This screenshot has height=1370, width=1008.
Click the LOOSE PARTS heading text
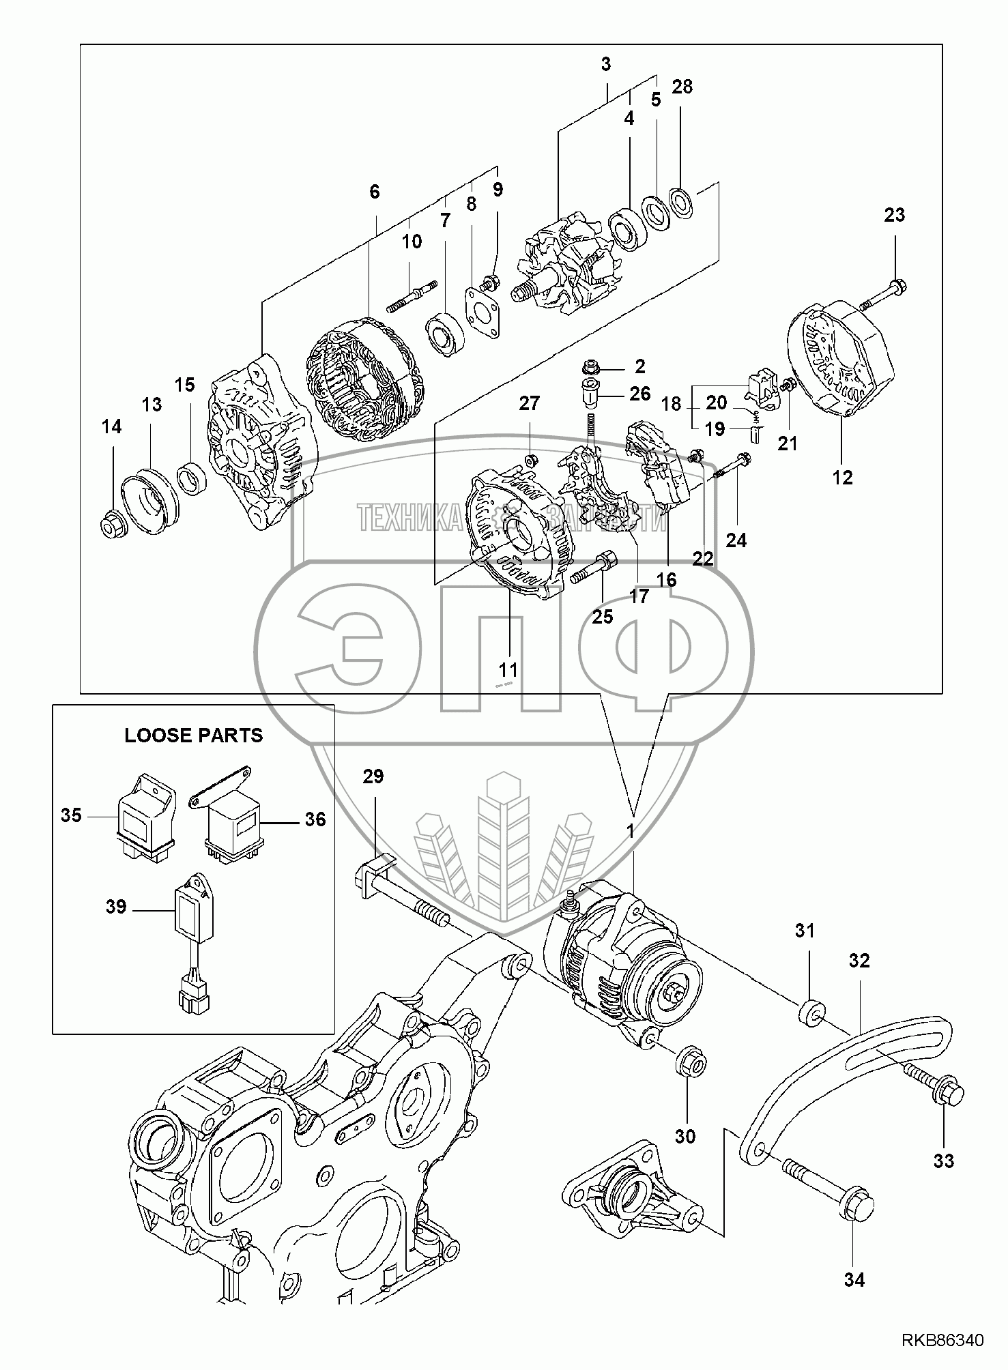[193, 735]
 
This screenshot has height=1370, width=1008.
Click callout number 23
[894, 215]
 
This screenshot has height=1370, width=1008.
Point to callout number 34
[854, 1280]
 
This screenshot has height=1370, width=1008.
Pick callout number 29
[374, 776]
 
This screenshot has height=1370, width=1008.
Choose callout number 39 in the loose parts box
[116, 907]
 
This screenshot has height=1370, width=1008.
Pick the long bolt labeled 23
[880, 293]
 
